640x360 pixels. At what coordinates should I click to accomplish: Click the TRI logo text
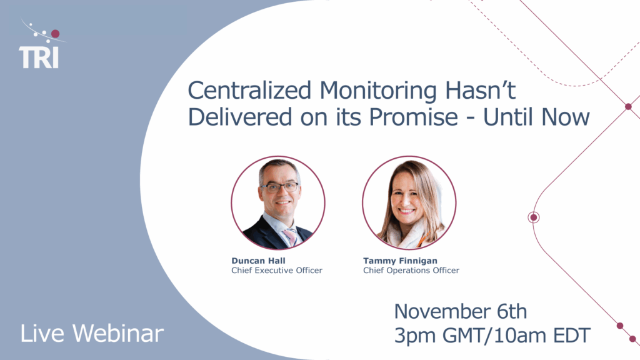pos(39,57)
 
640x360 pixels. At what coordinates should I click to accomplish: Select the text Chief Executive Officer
pos(277,271)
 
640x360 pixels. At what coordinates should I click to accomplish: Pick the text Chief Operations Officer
pos(411,271)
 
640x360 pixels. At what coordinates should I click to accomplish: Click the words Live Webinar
pos(92,333)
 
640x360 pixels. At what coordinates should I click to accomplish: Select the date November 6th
pos(460,311)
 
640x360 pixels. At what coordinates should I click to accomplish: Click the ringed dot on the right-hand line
pos(534,217)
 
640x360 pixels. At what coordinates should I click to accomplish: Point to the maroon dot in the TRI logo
pos(55,34)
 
